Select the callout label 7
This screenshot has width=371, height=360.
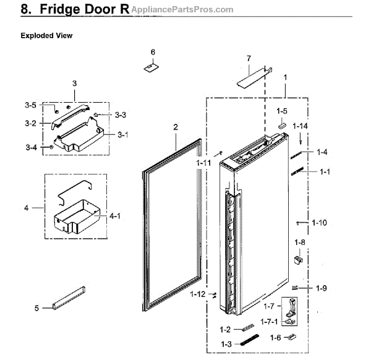(249, 58)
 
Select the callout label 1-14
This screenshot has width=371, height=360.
(300, 126)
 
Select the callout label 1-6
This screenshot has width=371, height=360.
(275, 338)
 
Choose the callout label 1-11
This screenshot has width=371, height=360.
(203, 163)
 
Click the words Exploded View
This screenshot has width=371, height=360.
(46, 36)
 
